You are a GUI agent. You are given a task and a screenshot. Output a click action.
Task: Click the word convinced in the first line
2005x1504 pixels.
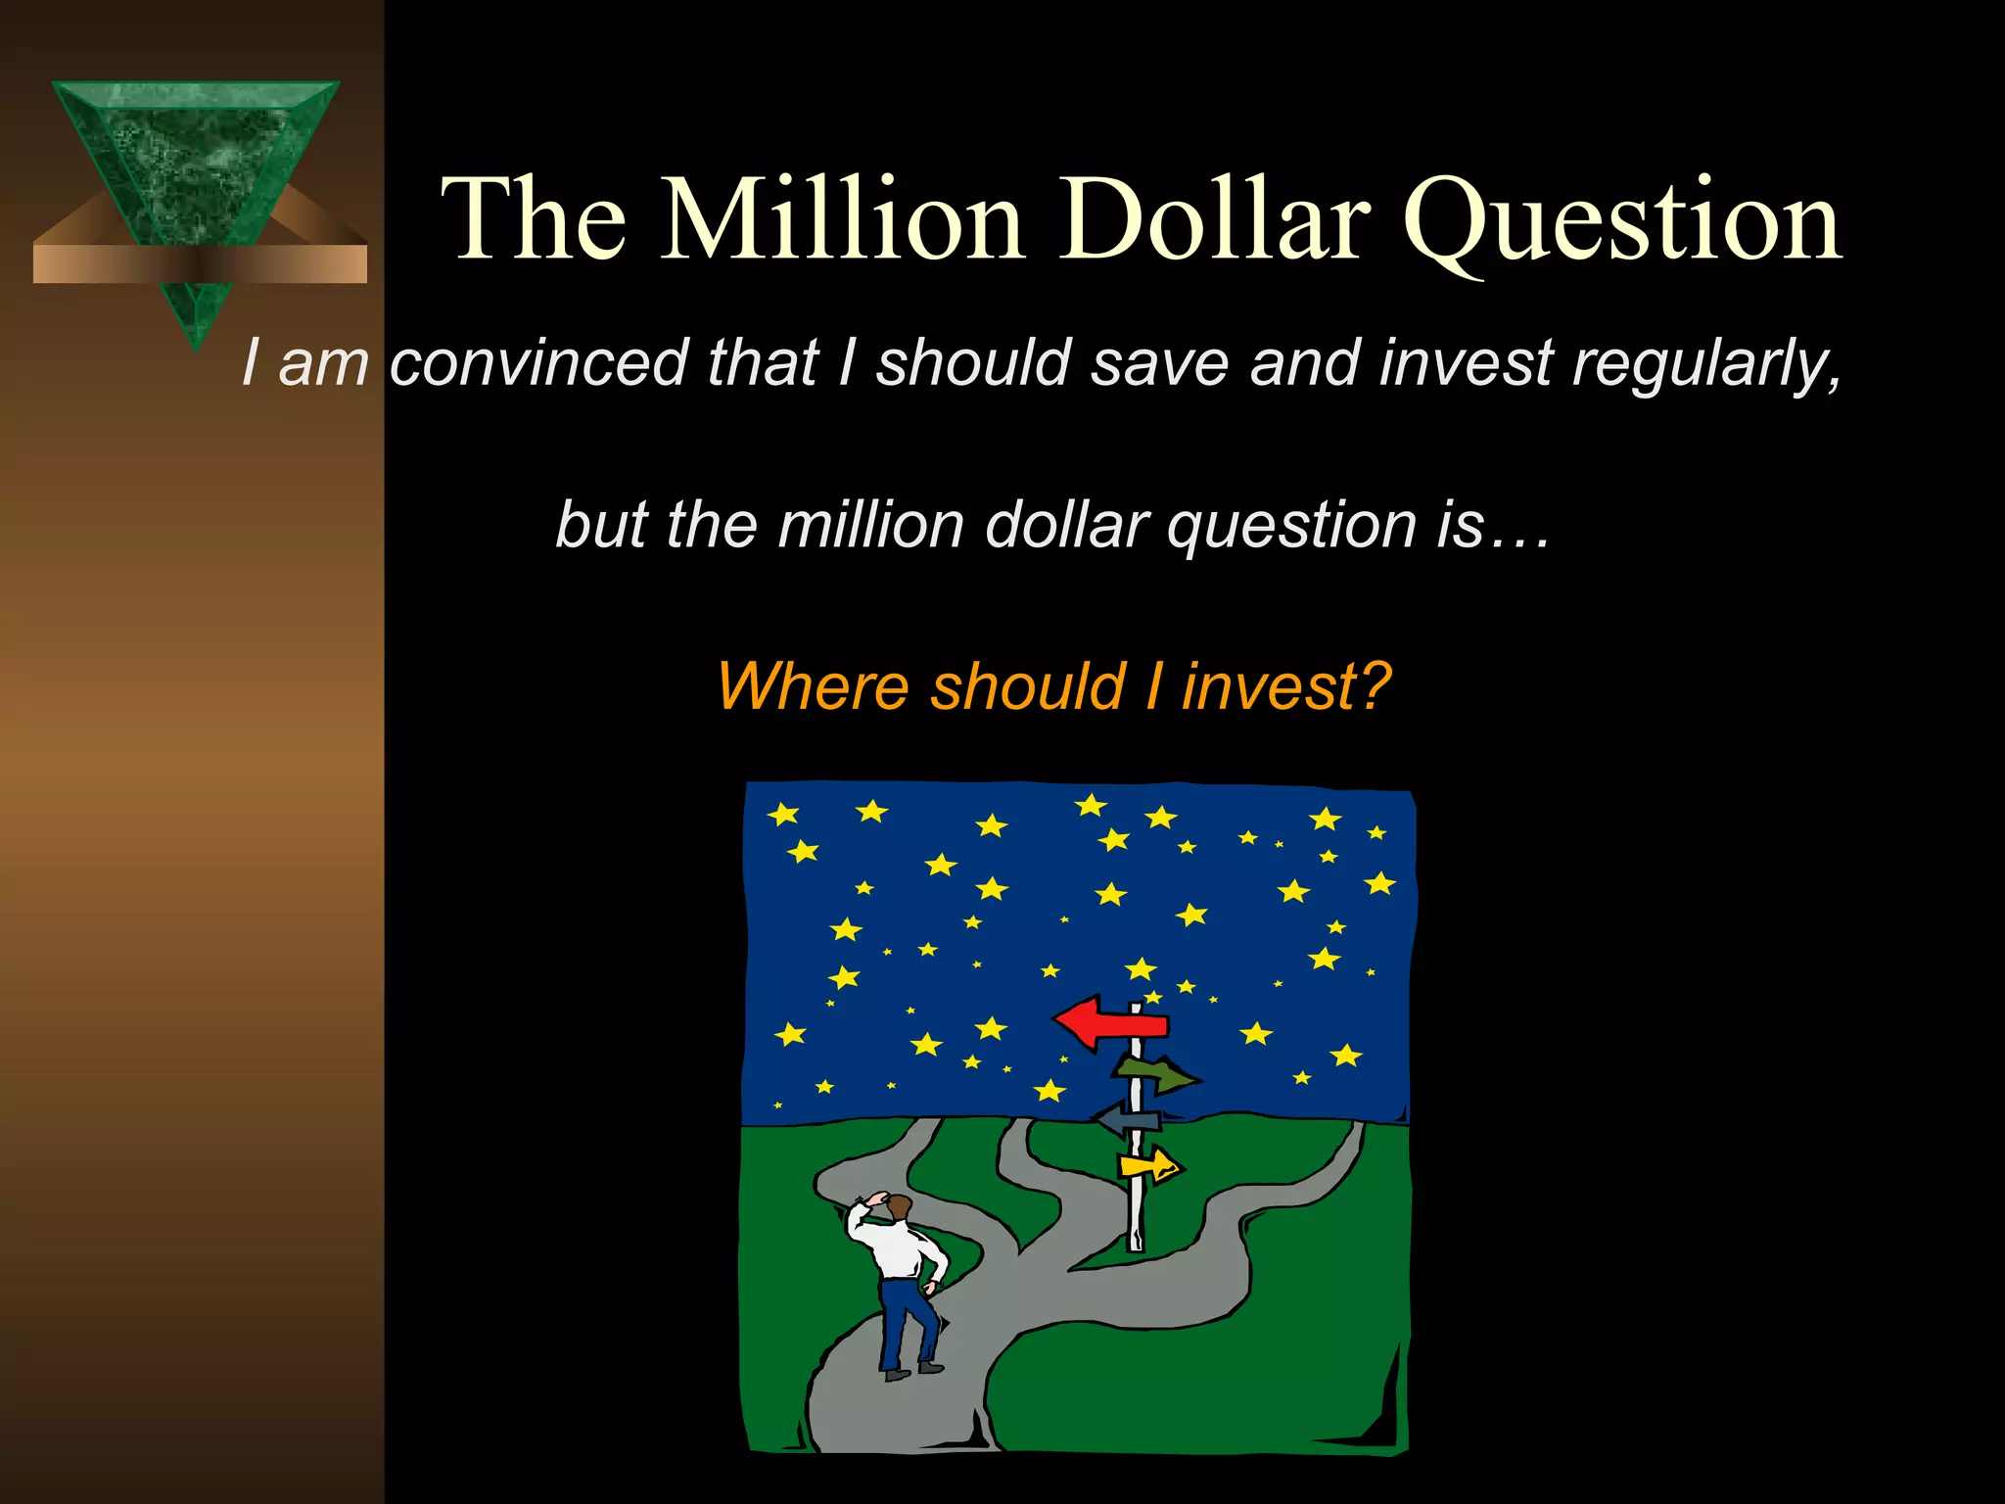click(538, 362)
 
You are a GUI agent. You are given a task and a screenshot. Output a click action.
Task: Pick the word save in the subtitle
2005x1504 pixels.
click(1159, 362)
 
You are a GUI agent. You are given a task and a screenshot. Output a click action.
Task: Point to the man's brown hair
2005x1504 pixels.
click(899, 1205)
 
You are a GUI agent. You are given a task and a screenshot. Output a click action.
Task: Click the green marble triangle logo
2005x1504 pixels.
click(196, 157)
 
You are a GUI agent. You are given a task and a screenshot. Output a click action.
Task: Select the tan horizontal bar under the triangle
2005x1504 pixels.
click(200, 263)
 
